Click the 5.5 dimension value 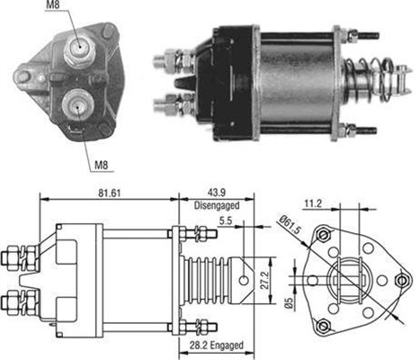pyautogui.click(x=225, y=220)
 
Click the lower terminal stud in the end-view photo pyautogui.click(x=79, y=105)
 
